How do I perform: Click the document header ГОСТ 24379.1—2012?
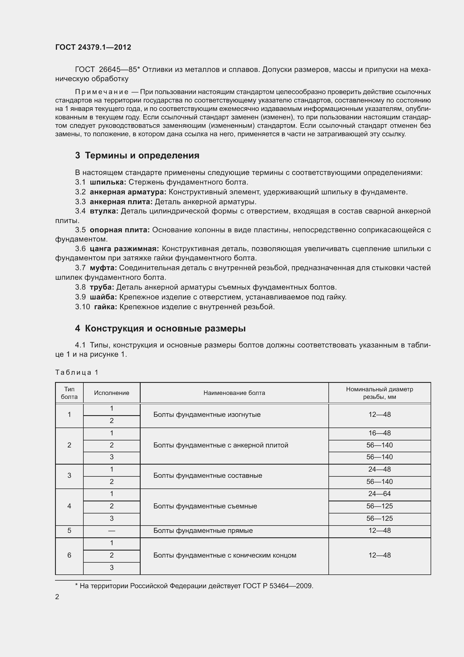click(x=93, y=47)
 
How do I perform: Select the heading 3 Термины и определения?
click(x=137, y=155)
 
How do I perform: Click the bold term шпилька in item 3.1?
click(x=108, y=182)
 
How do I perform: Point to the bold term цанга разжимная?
click(x=124, y=249)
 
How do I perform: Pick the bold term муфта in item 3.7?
click(x=103, y=268)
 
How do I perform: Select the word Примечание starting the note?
click(x=102, y=92)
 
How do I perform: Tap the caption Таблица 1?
click(x=77, y=372)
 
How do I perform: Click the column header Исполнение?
click(x=111, y=393)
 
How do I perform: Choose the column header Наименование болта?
click(x=234, y=393)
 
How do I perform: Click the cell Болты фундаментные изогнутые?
click(x=207, y=415)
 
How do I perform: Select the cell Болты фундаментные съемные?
click(x=205, y=506)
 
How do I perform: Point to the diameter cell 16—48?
click(x=380, y=433)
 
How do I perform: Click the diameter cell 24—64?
click(x=380, y=494)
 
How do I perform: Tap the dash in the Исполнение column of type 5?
click(x=111, y=531)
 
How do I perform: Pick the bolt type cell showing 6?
click(x=69, y=555)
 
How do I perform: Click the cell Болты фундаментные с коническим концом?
click(x=225, y=555)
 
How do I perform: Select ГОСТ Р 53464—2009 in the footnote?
click(x=278, y=586)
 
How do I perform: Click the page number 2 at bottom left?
click(x=57, y=597)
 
